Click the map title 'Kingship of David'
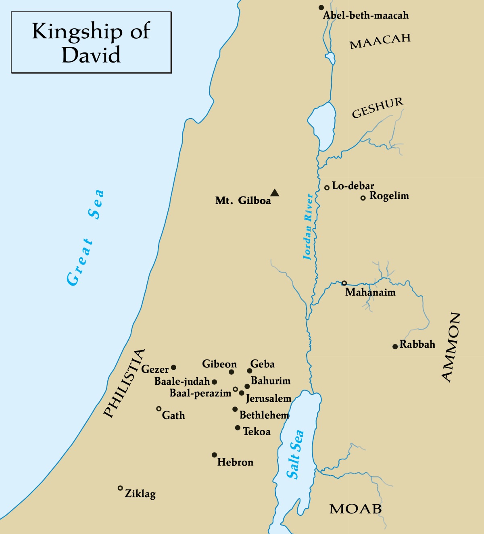91,42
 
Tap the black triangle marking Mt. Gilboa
275,193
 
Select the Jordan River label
308,227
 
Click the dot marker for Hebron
214,455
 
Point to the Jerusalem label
269,398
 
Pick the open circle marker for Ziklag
120,488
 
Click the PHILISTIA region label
124,383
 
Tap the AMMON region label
451,347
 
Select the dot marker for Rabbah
395,346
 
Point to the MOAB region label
355,509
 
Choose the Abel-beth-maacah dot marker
321,8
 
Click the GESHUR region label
377,108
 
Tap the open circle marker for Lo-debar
327,188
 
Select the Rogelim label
389,196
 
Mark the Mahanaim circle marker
344,283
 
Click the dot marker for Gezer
173,367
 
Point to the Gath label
173,415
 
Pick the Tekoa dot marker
238,428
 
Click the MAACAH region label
380,41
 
